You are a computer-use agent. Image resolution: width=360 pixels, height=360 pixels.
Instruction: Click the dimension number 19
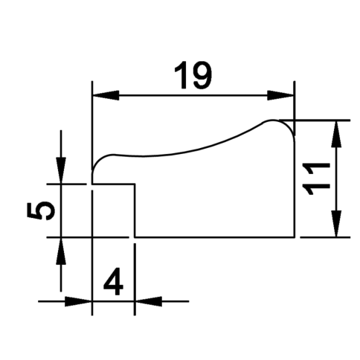(193, 75)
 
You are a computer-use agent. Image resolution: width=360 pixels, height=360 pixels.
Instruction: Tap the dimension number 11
(317, 179)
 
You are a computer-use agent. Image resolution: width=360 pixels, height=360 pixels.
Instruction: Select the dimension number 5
(41, 210)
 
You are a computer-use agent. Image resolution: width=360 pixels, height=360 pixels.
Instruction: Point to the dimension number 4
(113, 281)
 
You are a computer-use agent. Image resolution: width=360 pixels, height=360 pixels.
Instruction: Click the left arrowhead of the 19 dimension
(106, 95)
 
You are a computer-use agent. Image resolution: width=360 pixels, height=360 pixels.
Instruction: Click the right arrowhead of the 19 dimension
(281, 95)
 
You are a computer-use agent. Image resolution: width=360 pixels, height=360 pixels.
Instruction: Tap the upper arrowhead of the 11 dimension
(336, 134)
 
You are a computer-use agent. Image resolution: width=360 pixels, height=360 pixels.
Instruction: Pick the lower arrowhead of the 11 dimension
(336, 224)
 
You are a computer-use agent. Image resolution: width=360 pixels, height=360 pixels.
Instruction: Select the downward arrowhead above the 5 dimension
(61, 170)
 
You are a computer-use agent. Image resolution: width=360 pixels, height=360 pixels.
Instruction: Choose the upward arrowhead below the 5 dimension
(61, 251)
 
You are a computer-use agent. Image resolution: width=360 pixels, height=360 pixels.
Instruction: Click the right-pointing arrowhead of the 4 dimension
(78, 301)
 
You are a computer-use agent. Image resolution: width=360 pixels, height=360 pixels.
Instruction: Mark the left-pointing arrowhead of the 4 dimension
(148, 301)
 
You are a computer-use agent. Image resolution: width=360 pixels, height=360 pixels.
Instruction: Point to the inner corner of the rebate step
(135, 184)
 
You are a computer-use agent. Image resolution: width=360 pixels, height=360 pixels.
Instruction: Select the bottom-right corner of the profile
(295, 237)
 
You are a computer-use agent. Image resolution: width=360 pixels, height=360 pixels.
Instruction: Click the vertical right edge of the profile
(295, 190)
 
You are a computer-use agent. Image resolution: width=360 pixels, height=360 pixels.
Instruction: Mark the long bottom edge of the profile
(215, 237)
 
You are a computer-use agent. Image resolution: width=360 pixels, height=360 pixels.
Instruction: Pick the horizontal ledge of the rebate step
(114, 184)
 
